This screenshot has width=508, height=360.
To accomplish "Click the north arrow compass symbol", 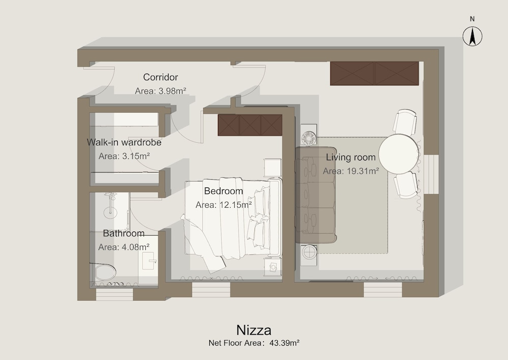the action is pyautogui.click(x=472, y=36).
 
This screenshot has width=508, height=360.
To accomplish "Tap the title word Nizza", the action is pyautogui.click(x=253, y=330).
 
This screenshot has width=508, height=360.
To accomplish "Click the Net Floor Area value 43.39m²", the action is pyautogui.click(x=284, y=343).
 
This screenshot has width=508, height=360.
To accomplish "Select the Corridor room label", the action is pyautogui.click(x=161, y=77).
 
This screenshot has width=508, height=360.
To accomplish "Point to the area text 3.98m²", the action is pyautogui.click(x=172, y=91).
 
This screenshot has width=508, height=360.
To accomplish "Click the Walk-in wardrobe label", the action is pyautogui.click(x=124, y=142).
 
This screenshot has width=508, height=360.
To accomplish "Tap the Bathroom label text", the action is pyautogui.click(x=124, y=233).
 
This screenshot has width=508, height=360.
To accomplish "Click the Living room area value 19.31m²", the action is pyautogui.click(x=363, y=171).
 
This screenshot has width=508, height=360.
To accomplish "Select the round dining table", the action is pyautogui.click(x=399, y=154).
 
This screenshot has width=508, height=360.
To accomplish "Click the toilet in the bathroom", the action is pyautogui.click(x=104, y=273).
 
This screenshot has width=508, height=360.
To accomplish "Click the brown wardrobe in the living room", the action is pyautogui.click(x=374, y=74).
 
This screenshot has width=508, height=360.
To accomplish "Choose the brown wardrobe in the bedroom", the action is pyautogui.click(x=250, y=125).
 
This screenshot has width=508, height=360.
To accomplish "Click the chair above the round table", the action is pyautogui.click(x=405, y=122).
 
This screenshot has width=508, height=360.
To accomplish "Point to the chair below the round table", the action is pyautogui.click(x=405, y=185).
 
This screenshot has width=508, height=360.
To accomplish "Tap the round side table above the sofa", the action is pyautogui.click(x=308, y=138).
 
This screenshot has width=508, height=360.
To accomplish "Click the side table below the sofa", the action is pyautogui.click(x=309, y=252).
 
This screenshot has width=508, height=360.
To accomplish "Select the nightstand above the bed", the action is pyautogui.click(x=272, y=168).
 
